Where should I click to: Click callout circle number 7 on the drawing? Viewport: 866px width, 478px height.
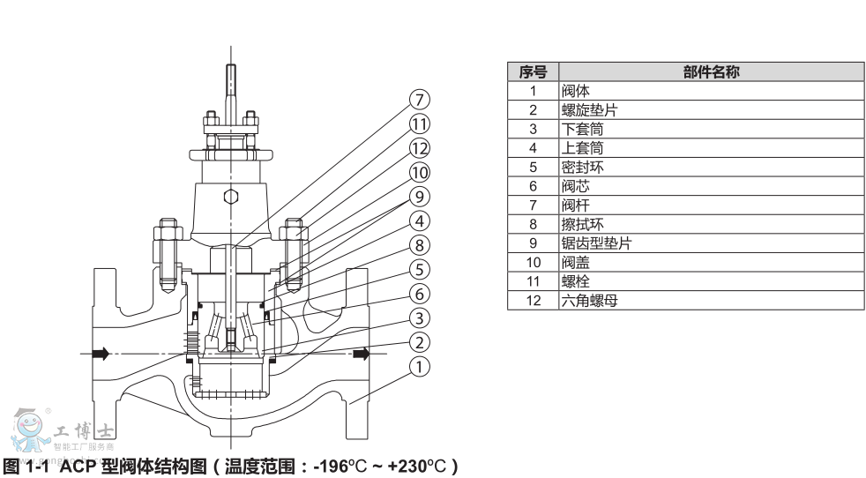click(420, 98)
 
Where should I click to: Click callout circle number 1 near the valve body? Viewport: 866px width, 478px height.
click(420, 365)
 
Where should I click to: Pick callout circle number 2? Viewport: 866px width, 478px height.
click(420, 341)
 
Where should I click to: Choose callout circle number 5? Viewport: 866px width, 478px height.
click(420, 268)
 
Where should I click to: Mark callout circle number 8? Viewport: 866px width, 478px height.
click(420, 244)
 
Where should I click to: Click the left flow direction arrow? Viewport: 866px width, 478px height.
click(99, 354)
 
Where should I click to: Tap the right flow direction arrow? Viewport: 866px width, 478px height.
click(361, 354)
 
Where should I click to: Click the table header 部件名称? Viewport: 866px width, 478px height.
click(710, 72)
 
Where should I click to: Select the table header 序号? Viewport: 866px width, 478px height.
click(533, 72)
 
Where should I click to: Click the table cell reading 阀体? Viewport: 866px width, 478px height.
click(576, 91)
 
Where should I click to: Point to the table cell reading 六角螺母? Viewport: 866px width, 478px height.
click(588, 300)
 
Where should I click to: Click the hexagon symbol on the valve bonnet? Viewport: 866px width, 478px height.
click(230, 196)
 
